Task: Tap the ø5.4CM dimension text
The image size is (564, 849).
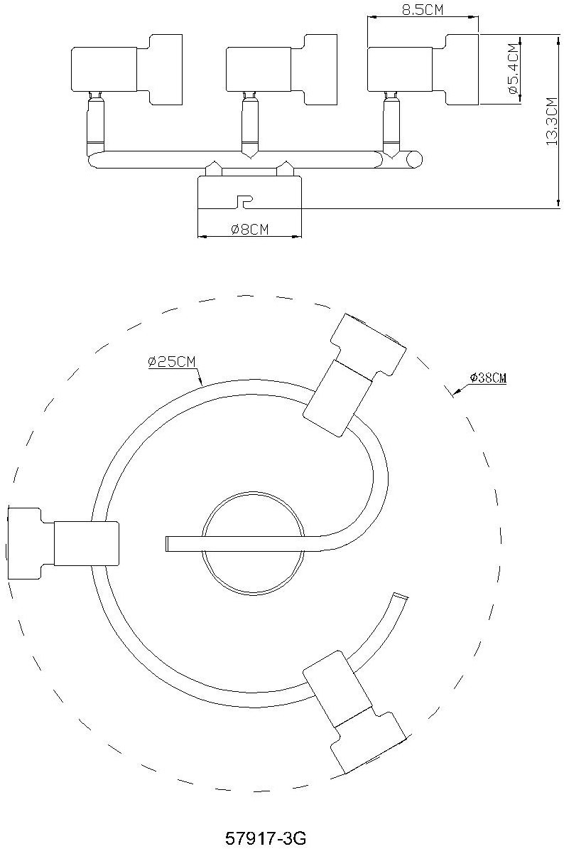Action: (513, 69)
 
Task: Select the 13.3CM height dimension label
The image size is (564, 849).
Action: (551, 122)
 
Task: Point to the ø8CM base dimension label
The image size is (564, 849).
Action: (249, 230)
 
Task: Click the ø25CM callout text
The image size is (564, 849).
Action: (172, 361)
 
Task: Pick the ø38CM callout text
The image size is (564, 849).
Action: (488, 378)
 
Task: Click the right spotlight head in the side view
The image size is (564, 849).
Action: (423, 69)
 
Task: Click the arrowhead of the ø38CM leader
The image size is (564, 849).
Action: (455, 393)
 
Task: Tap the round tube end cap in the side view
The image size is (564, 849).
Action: (414, 159)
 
